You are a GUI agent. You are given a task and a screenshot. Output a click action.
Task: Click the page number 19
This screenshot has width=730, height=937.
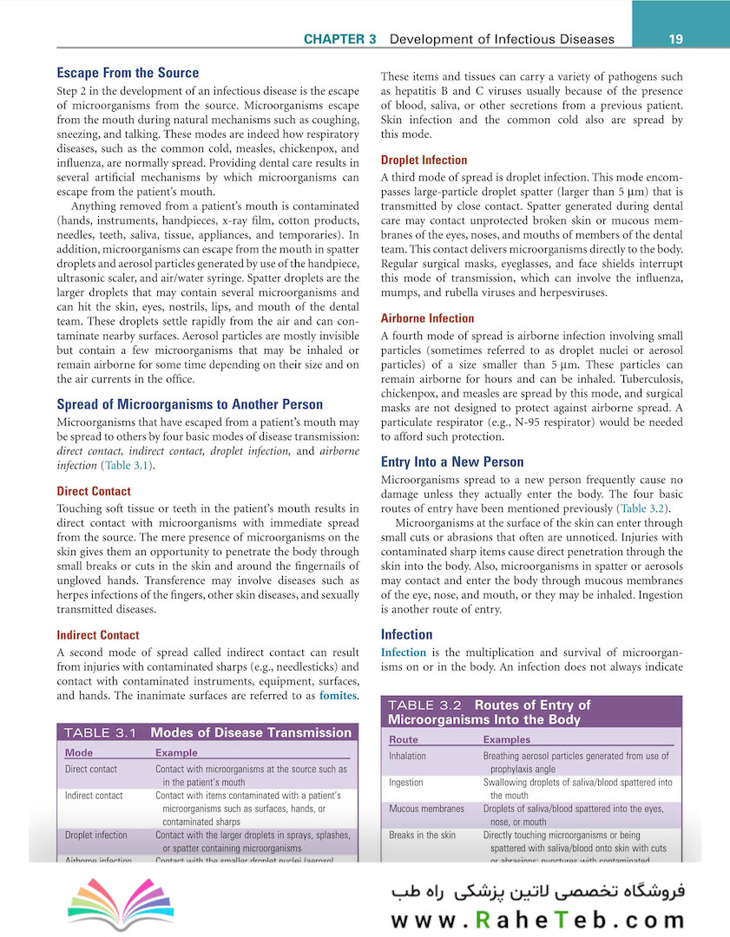(x=677, y=39)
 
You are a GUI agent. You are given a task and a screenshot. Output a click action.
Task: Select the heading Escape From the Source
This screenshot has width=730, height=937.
(x=128, y=73)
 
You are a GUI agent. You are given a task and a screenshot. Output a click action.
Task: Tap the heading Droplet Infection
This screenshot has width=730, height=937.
(x=424, y=160)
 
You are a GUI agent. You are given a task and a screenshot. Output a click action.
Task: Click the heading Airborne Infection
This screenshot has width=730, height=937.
(x=427, y=318)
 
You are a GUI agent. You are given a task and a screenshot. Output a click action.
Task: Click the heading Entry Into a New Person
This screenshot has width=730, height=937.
(x=452, y=462)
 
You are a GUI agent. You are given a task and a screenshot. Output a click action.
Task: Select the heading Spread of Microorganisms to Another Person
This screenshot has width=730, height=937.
(x=189, y=404)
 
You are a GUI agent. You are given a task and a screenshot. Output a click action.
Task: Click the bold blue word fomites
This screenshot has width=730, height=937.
(x=338, y=696)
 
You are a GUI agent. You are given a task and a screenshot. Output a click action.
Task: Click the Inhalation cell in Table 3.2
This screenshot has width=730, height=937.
(x=407, y=757)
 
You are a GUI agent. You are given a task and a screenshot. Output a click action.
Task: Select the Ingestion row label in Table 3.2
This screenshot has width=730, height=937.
(x=406, y=783)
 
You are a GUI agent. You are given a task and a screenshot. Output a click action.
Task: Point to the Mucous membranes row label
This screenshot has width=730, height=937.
(x=426, y=809)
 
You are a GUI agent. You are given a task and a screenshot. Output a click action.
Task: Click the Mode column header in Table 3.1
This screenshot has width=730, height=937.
(x=79, y=753)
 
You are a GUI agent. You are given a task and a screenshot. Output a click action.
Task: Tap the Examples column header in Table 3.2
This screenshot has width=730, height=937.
(x=506, y=740)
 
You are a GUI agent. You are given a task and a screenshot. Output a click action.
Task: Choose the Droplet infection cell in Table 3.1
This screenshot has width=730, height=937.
(x=96, y=835)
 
